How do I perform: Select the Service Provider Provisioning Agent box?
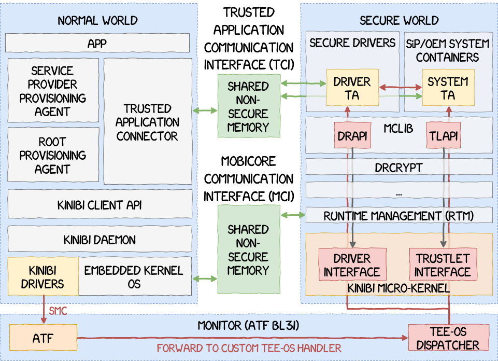point(53,91)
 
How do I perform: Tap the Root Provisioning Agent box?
point(53,156)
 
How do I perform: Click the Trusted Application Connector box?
point(148,122)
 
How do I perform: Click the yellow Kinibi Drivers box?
point(42,277)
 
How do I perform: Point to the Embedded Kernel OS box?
point(134,277)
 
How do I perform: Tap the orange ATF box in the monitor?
point(42,339)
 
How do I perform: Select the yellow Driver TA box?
point(352,88)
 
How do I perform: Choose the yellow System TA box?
point(448,88)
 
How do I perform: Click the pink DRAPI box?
point(353,136)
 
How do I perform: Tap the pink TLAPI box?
point(443,136)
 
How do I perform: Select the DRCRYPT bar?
point(399,168)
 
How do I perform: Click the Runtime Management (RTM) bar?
point(399,215)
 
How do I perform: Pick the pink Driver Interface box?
point(352,265)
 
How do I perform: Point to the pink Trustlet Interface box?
point(443,265)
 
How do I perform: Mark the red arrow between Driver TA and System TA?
point(400,88)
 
